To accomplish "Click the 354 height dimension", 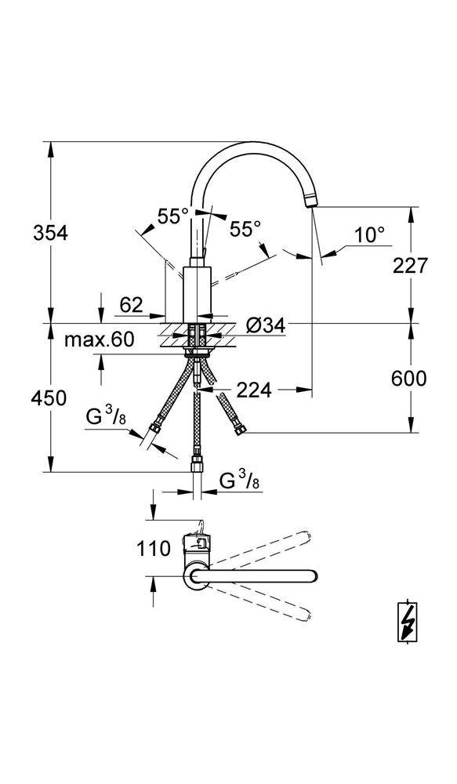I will pyautogui.click(x=49, y=233).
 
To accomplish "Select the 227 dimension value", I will pyautogui.click(x=410, y=265).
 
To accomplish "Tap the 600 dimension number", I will pyautogui.click(x=410, y=379).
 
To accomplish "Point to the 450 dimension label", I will pyautogui.click(x=49, y=397).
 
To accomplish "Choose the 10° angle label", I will pyautogui.click(x=368, y=234).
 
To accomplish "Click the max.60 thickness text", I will pyautogui.click(x=99, y=339).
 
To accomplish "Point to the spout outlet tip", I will pyautogui.click(x=310, y=202).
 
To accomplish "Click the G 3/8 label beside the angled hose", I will pyautogui.click(x=106, y=417).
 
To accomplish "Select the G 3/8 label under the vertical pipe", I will pyautogui.click(x=240, y=480).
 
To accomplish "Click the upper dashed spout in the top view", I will pyautogui.click(x=267, y=549).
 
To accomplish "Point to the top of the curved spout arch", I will pyautogui.click(x=251, y=144).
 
